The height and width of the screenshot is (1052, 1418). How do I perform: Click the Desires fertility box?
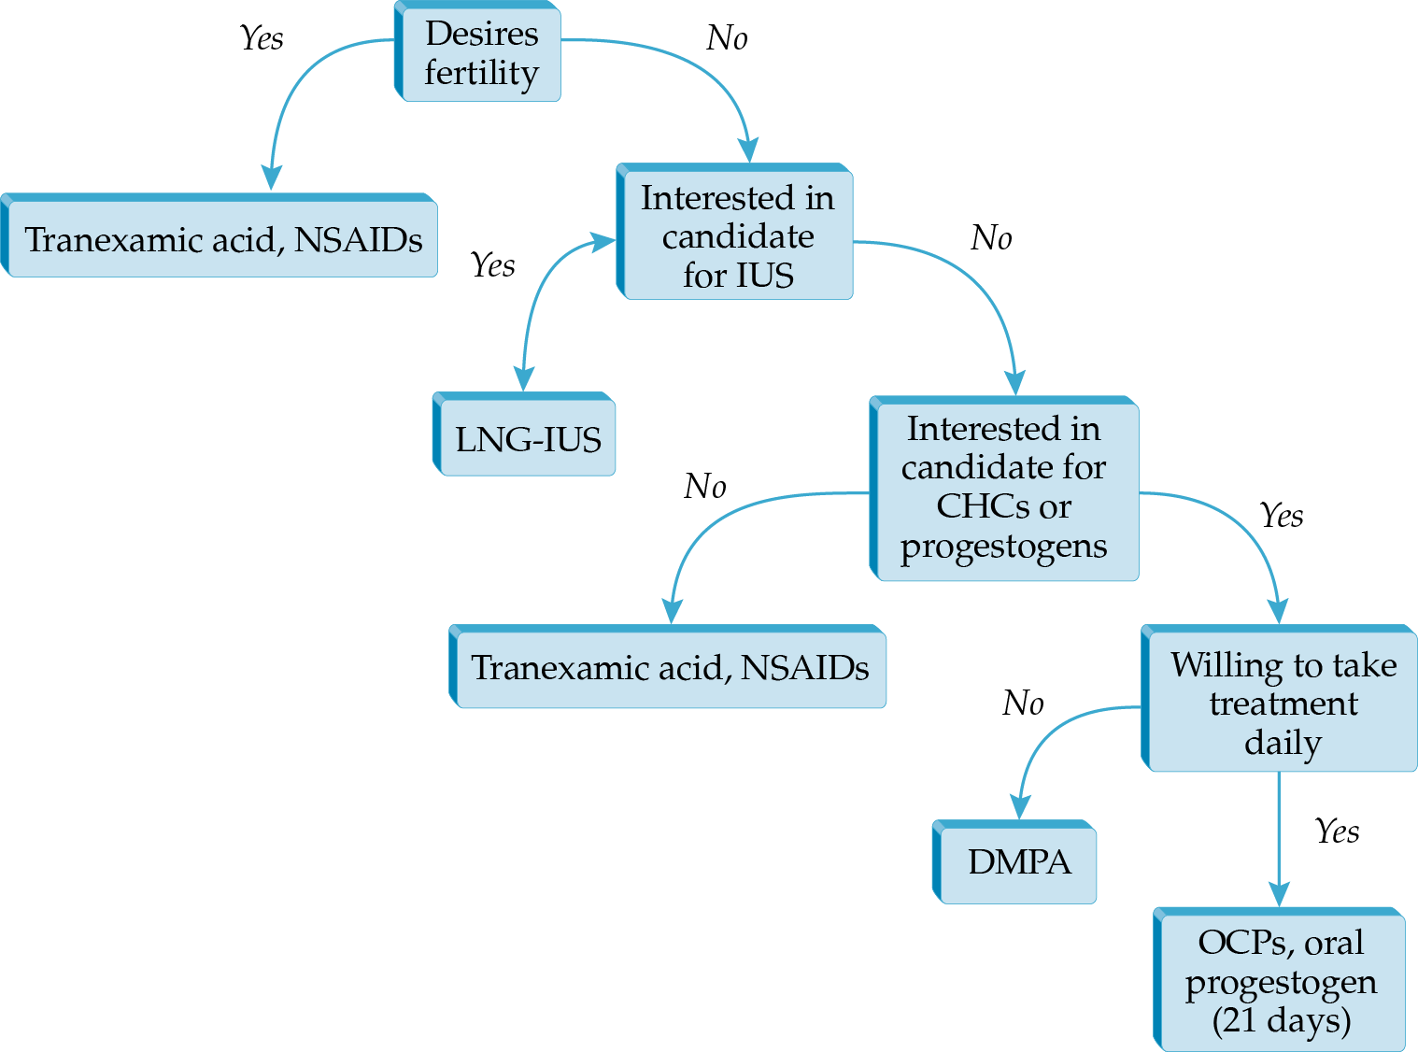[480, 52]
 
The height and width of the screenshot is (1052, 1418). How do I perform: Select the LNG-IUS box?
[527, 438]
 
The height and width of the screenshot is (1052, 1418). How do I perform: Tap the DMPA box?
[1018, 861]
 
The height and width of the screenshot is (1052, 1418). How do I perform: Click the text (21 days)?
[1281, 1019]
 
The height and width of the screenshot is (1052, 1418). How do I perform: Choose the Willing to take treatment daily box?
[1283, 703]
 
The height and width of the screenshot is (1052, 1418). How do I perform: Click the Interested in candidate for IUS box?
[737, 235]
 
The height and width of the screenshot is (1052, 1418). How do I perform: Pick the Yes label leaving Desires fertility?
[261, 38]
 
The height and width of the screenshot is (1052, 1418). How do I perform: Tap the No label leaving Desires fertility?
[727, 38]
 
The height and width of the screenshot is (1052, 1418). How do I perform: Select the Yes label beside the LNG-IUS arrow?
[492, 265]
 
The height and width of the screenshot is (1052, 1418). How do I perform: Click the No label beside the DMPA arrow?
[1023, 703]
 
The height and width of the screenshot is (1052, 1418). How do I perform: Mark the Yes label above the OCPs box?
[1337, 831]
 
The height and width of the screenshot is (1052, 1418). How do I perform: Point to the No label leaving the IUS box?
[991, 238]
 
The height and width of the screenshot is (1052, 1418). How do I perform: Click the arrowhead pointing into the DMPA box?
[1020, 806]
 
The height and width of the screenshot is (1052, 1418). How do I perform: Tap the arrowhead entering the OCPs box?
[1279, 893]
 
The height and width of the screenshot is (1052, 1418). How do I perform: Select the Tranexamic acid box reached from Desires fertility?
[222, 239]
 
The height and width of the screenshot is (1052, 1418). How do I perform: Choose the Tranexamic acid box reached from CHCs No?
[670, 667]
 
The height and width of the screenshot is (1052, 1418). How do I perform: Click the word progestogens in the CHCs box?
[1003, 547]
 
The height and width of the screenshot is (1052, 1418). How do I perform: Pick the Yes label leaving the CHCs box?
[1281, 515]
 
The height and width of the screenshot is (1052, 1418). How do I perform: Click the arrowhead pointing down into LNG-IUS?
[524, 377]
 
